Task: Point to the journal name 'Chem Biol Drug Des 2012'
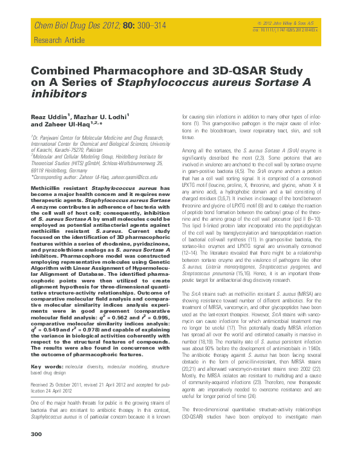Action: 70,25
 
